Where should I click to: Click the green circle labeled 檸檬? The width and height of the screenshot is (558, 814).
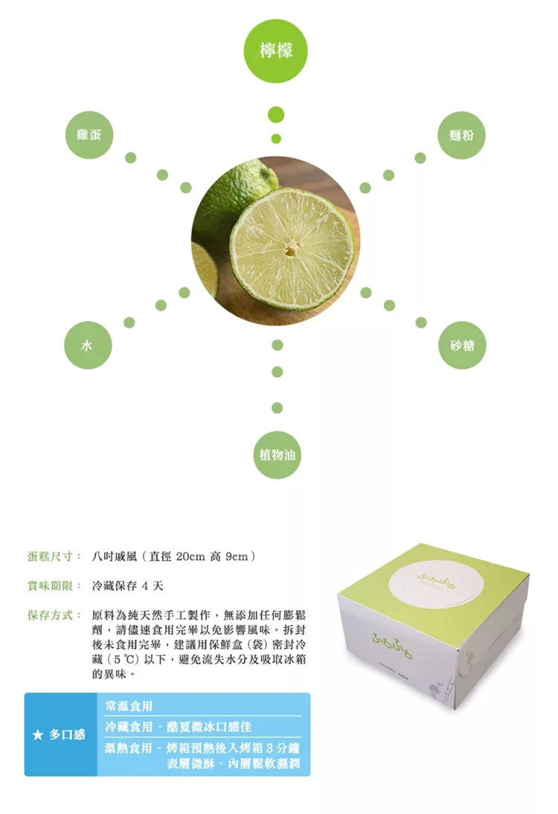276,51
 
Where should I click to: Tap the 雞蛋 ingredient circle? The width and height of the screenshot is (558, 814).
89,135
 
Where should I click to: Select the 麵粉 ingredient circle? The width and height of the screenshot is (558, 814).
461,135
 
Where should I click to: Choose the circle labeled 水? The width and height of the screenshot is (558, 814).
88,346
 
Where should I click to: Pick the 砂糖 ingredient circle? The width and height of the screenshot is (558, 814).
462,346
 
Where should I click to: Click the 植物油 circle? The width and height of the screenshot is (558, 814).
277,455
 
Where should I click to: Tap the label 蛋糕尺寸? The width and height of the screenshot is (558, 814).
51,556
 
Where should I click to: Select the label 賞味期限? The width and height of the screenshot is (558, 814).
51,586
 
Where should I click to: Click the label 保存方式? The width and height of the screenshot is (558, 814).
51,615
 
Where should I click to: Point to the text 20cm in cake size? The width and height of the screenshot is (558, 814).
191,556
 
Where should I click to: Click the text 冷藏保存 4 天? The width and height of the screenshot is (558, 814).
127,586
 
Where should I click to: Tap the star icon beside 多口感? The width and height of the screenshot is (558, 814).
37,735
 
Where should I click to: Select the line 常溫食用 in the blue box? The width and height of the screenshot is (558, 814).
129,706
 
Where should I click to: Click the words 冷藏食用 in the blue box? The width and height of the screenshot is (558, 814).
129,727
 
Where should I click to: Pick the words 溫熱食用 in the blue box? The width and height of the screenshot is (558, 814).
129,748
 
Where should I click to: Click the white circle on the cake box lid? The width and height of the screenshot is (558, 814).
436,584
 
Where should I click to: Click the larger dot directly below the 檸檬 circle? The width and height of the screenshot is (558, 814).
276,115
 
